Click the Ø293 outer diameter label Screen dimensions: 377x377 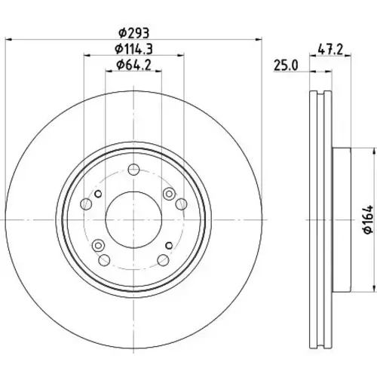133,32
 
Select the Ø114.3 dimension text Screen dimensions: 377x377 133,49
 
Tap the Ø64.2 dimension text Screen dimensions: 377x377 133,65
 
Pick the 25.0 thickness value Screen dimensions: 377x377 286,66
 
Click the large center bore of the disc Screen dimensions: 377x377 133,219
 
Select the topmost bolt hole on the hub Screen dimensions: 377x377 133,170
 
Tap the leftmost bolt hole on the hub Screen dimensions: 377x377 86,204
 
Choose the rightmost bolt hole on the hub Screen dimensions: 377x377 181,204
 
